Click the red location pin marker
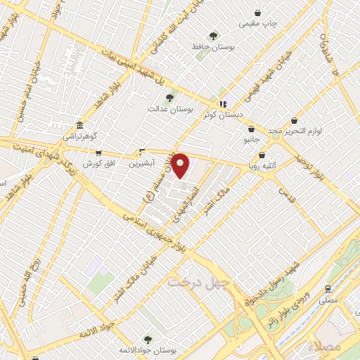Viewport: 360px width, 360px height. [181, 166]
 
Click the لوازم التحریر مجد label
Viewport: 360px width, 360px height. [293, 131]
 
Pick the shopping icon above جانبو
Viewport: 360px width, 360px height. [252, 129]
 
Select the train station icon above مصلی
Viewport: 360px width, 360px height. [328, 289]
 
